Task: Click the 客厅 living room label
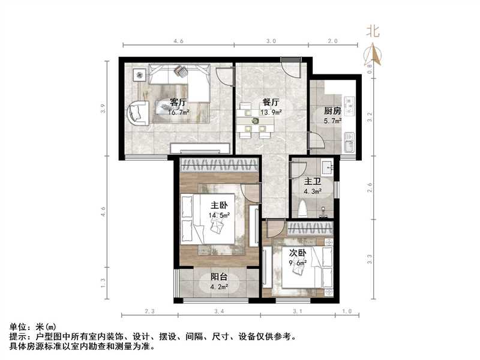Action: (176, 101)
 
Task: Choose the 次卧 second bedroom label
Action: (299, 253)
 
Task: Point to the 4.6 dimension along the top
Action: (178, 41)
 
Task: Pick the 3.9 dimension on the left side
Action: (103, 109)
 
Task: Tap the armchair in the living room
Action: (137, 112)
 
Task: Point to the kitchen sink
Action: (350, 145)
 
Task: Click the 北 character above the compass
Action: (373, 32)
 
